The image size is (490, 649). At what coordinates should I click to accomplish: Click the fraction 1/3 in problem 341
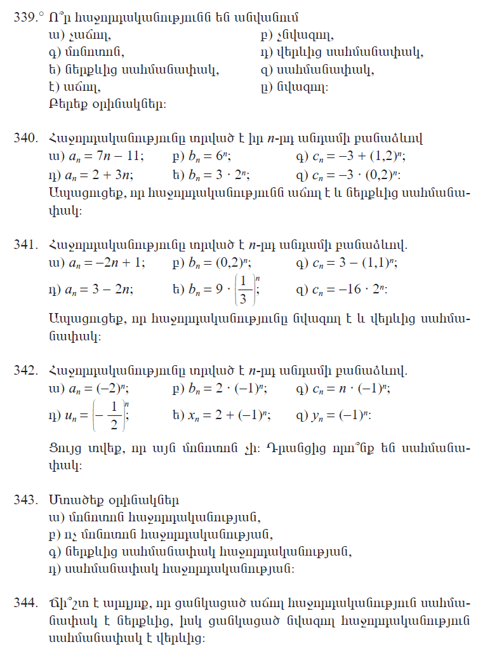click(x=244, y=289)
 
